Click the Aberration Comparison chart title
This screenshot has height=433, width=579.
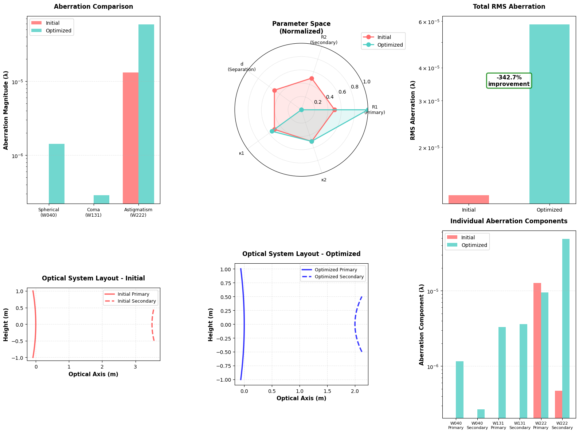click(93, 7)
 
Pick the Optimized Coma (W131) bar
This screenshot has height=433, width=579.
click(101, 199)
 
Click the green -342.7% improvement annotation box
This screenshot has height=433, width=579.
click(509, 80)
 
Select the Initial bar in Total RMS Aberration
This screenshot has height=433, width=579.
click(468, 199)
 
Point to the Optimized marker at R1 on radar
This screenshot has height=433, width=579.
click(367, 110)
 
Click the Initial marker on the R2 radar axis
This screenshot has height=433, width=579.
click(312, 78)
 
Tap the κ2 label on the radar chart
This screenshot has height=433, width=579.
click(324, 180)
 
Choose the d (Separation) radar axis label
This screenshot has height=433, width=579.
click(242, 67)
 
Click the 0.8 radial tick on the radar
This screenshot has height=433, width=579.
click(355, 87)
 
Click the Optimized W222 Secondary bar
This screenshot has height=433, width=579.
click(566, 328)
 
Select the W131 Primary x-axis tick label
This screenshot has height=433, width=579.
click(498, 425)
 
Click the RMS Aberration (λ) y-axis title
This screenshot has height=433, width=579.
click(413, 110)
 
